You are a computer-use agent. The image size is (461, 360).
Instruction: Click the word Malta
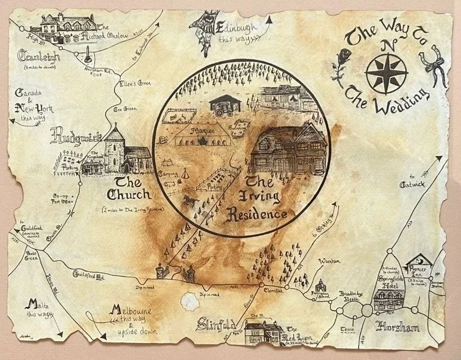[31, 305]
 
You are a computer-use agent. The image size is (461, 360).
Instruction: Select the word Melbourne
[132, 310]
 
